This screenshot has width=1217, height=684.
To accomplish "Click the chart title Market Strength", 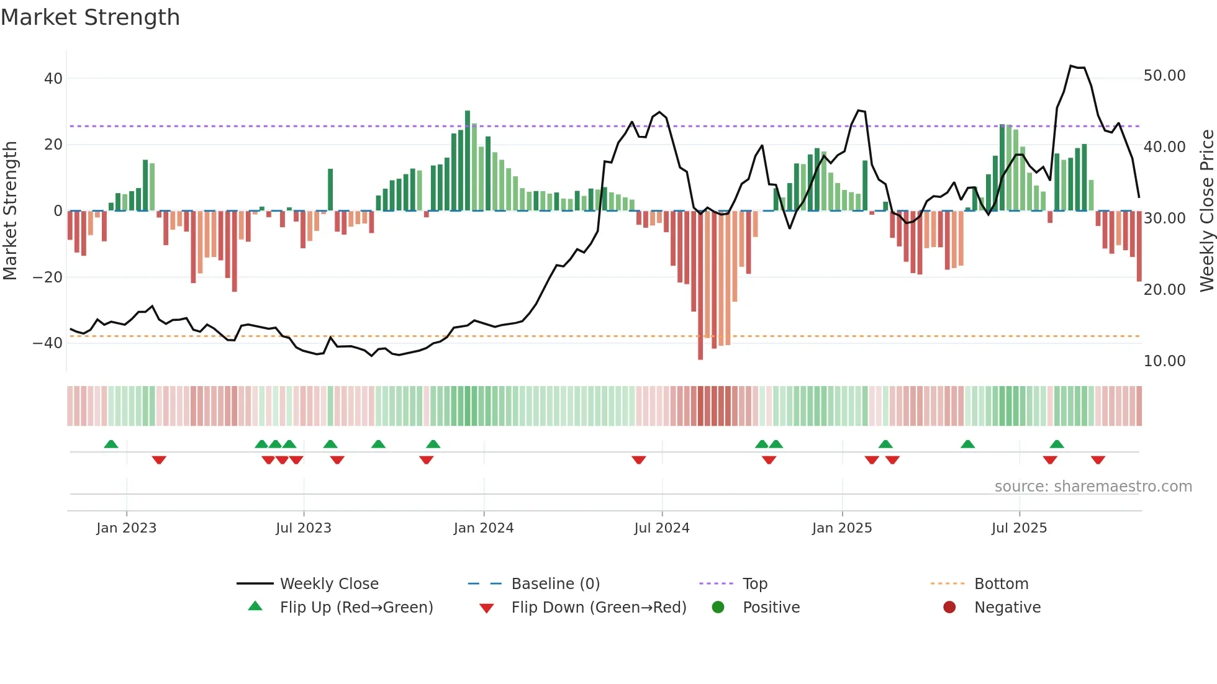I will coord(90,17).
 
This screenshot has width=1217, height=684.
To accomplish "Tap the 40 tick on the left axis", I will coord(53,79).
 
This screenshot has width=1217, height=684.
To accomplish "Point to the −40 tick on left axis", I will coord(48,343).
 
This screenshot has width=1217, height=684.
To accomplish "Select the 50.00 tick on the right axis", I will coord(1164,76).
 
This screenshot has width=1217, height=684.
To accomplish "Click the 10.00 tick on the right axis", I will coord(1164,361).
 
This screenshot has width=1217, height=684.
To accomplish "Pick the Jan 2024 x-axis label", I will coord(483,528).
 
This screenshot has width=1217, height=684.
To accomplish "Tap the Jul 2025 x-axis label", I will coord(1019,528).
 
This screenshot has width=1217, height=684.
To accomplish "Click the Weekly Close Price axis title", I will coord(1206,211).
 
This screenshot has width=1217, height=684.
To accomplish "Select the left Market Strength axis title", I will coord(10,211).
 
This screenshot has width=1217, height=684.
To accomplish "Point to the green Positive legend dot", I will coord(718,608).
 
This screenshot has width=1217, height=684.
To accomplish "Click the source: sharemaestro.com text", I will coord(1093,487).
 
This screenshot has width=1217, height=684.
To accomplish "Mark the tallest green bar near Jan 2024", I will coord(468,160).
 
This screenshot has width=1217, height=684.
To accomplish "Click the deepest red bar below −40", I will coord(700,286).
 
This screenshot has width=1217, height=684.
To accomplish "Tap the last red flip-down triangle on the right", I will coord(1098,460).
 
